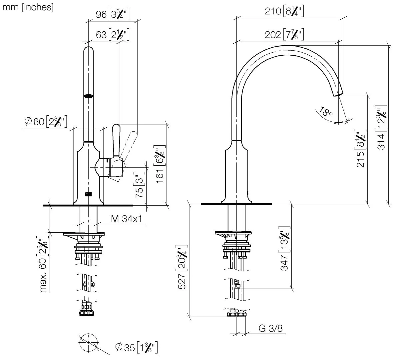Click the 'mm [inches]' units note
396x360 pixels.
[x=28, y=7]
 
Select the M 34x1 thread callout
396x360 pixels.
[x=127, y=219]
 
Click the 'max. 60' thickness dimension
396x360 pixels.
[x=43, y=264]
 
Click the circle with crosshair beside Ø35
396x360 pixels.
[x=89, y=342]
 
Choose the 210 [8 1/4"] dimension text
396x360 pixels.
[x=284, y=11]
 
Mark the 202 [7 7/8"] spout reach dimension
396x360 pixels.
[x=284, y=34]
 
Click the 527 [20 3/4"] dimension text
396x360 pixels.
[x=182, y=268]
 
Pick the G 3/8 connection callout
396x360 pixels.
[x=270, y=329]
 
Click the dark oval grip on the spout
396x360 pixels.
[x=89, y=96]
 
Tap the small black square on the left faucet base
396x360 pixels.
[x=89, y=193]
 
